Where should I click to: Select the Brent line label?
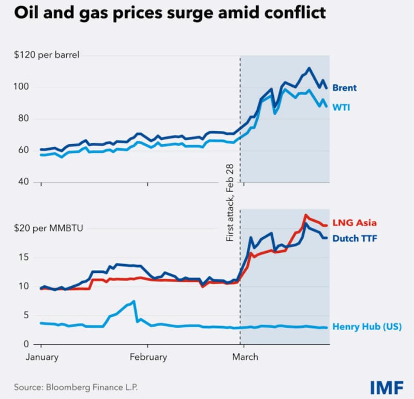point(344,88)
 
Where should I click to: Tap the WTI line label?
point(341,107)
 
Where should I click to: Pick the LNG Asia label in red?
point(354,223)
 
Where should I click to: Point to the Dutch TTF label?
point(355,238)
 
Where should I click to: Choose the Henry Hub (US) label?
point(366,327)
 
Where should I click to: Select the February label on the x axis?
point(148,357)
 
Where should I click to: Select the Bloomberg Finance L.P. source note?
point(76,387)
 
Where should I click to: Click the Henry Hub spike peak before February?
point(134,301)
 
